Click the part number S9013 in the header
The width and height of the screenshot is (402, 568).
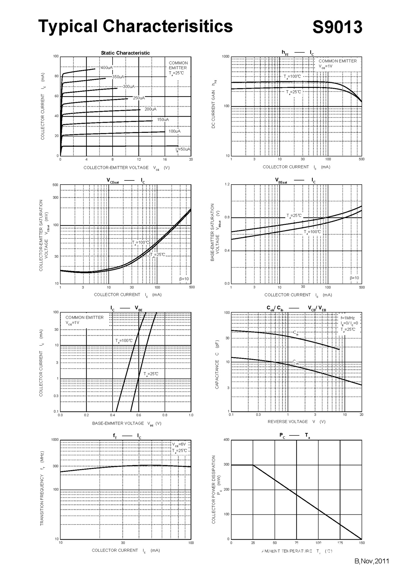[337, 27]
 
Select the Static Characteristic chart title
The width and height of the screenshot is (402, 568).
[125, 53]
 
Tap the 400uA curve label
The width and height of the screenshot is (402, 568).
[107, 68]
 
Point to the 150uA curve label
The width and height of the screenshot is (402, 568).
[163, 120]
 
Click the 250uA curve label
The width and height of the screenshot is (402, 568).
[139, 98]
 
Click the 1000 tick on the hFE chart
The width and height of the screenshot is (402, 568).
[226, 57]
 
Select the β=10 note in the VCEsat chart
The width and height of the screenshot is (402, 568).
[184, 279]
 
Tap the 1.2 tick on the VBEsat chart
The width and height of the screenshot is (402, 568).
[227, 184]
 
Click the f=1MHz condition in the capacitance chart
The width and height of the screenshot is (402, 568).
[347, 318]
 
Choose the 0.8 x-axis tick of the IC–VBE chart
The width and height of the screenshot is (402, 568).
[165, 415]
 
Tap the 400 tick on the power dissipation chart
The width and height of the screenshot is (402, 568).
[226, 440]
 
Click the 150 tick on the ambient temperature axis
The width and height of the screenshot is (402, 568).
[362, 543]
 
